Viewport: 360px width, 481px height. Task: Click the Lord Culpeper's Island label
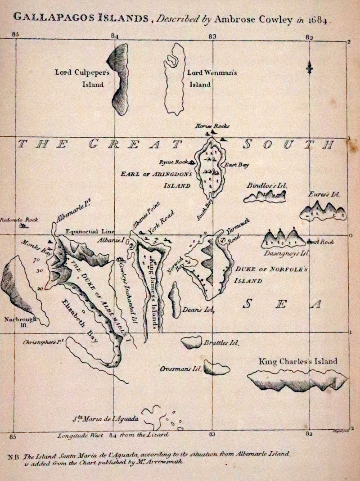(80, 78)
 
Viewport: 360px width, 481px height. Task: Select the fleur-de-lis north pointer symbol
(309, 68)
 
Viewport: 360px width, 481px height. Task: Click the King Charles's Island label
(298, 361)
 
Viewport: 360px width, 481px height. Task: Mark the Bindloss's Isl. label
(267, 185)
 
